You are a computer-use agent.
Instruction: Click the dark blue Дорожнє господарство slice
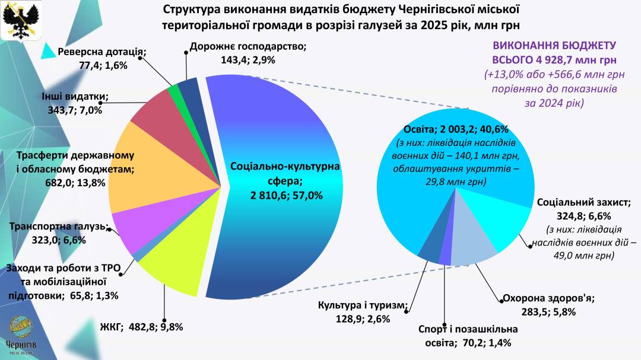(x=189, y=90)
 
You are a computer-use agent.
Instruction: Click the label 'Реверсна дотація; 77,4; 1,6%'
(x=101, y=58)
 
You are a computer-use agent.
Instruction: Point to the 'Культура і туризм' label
(x=361, y=312)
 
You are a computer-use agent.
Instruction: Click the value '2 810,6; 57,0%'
(x=285, y=195)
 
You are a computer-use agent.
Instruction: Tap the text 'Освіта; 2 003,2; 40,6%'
(x=455, y=129)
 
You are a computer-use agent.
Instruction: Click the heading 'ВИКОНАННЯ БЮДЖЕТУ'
(x=555, y=46)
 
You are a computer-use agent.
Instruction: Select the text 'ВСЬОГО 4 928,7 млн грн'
(x=554, y=60)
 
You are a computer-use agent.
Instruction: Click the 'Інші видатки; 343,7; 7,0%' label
(x=75, y=103)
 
